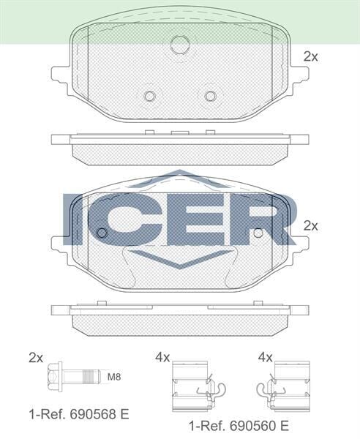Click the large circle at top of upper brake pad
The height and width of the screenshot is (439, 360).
pyautogui.click(x=179, y=45)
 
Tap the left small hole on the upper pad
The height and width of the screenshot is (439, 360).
pyautogui.click(x=149, y=96)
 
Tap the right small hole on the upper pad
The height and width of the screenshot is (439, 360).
pyautogui.click(x=211, y=96)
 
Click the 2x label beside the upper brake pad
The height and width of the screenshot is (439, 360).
pyautogui.click(x=310, y=56)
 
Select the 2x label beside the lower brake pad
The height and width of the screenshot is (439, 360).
pyautogui.click(x=310, y=226)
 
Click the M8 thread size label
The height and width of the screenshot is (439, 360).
pyautogui.click(x=114, y=378)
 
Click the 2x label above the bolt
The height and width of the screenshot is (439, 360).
pyautogui.click(x=36, y=357)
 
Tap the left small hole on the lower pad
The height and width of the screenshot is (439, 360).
pyautogui.click(x=102, y=233)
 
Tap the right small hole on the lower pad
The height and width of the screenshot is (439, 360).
pyautogui.click(x=258, y=233)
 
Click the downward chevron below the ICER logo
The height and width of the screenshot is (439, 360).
pyautogui.click(x=179, y=259)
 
